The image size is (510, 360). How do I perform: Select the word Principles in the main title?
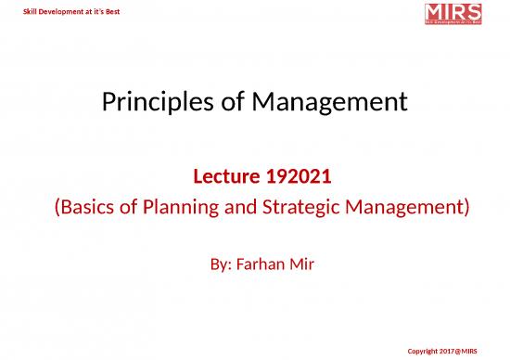coord(152,99)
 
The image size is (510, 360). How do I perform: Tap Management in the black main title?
coord(328,99)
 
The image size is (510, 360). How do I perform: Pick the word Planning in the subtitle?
coord(187,208)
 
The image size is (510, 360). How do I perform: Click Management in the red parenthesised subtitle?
coord(409,208)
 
